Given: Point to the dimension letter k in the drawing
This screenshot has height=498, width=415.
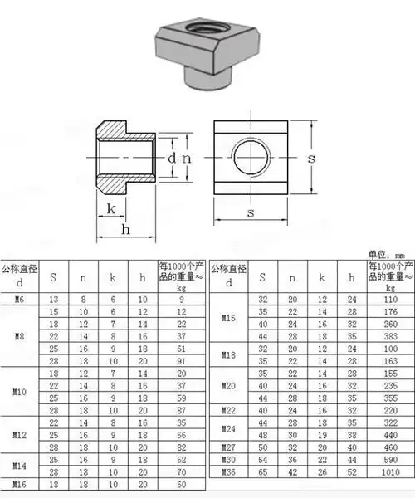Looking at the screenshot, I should [110, 209].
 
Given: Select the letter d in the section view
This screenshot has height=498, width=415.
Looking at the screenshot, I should [171, 158].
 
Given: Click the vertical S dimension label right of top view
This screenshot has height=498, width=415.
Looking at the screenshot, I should [312, 157].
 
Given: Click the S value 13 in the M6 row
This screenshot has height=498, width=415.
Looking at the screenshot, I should [54, 299].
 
